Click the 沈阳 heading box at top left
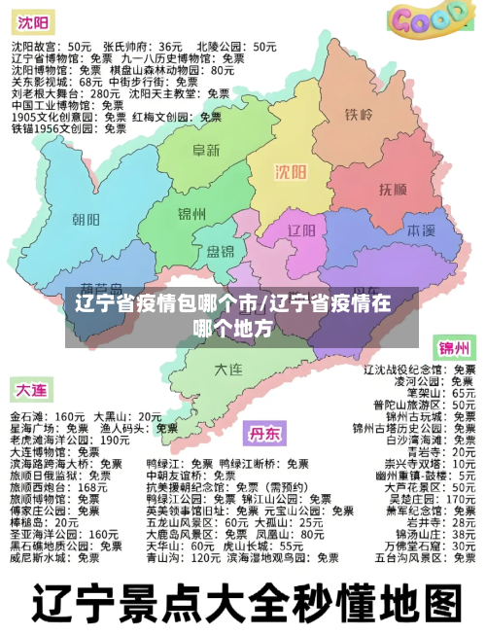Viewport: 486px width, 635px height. (x=32, y=20)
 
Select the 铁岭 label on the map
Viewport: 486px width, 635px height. (x=359, y=115)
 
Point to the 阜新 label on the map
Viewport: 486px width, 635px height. (x=205, y=151)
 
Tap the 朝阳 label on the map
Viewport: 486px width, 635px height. (x=86, y=219)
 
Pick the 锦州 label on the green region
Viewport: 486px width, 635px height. (x=192, y=213)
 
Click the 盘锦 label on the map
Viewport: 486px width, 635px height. (x=220, y=252)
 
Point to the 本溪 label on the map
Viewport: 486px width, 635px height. (x=420, y=231)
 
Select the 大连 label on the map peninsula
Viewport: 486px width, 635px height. (x=228, y=369)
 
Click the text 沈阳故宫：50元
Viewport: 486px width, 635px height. (x=52, y=46)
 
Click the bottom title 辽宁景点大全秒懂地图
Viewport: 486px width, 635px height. (x=243, y=603)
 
